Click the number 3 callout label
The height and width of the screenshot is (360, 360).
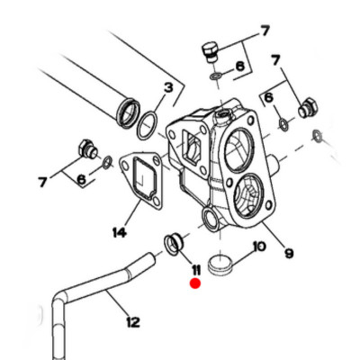click(x=168, y=88)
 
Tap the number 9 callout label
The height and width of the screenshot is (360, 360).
click(x=289, y=254)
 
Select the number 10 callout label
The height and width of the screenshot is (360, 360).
click(x=259, y=247)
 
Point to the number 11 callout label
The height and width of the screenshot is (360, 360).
click(x=196, y=270)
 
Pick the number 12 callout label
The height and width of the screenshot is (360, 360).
click(x=133, y=322)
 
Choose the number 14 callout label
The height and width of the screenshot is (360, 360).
click(x=120, y=232)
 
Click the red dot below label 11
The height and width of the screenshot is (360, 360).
click(x=195, y=283)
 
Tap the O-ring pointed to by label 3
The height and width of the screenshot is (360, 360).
click(x=148, y=126)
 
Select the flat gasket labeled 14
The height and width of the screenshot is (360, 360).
click(x=141, y=181)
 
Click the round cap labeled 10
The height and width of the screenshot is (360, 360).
click(x=220, y=264)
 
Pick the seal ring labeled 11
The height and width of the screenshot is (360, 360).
click(x=173, y=244)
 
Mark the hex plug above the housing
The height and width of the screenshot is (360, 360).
click(x=211, y=53)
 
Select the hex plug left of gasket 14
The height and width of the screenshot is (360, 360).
click(x=86, y=148)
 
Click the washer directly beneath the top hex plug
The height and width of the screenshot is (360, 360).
click(x=216, y=76)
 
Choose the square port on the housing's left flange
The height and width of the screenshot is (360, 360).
click(x=192, y=146)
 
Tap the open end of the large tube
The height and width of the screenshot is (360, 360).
click(x=129, y=111)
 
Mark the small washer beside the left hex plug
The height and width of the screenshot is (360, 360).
click(x=107, y=162)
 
